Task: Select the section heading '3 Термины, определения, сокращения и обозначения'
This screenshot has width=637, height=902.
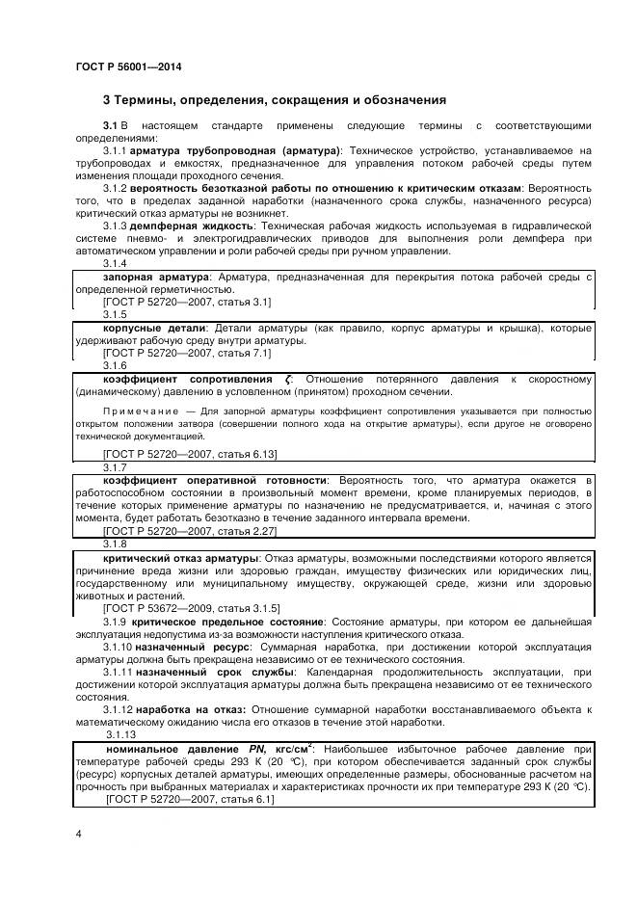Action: pos(274,99)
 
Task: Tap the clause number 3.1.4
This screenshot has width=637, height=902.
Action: pos(115,264)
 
